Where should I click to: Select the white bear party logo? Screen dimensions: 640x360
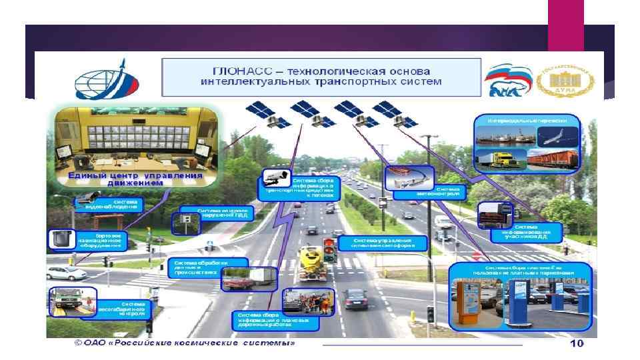507,81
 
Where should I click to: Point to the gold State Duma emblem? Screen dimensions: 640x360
569,81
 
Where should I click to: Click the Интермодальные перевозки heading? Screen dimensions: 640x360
527,121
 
